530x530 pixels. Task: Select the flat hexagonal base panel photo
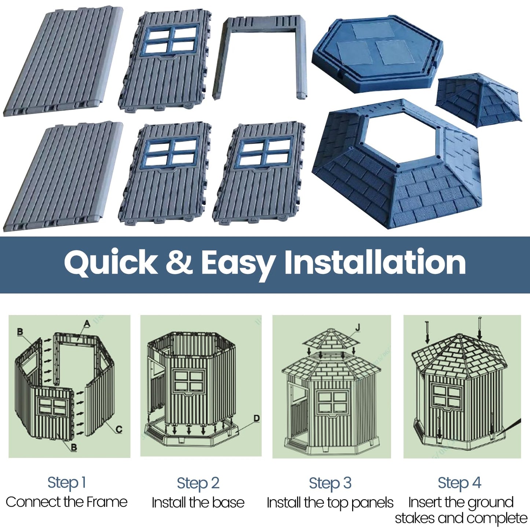pos(378,53)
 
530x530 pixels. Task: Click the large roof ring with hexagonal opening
pos(398,165)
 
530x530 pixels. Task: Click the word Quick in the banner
pos(110,263)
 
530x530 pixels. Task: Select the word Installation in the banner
pos(375,262)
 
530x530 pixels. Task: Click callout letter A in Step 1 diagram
pos(87,324)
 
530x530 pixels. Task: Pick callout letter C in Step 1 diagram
pos(119,429)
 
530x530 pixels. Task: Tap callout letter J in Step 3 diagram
pos(358,327)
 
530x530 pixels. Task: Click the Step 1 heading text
pos(67,483)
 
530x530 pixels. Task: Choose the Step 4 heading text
pos(459,483)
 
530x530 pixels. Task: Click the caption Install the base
pos(198,502)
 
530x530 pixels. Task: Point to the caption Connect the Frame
pos(67,502)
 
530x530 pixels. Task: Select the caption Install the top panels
pos(330,502)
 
